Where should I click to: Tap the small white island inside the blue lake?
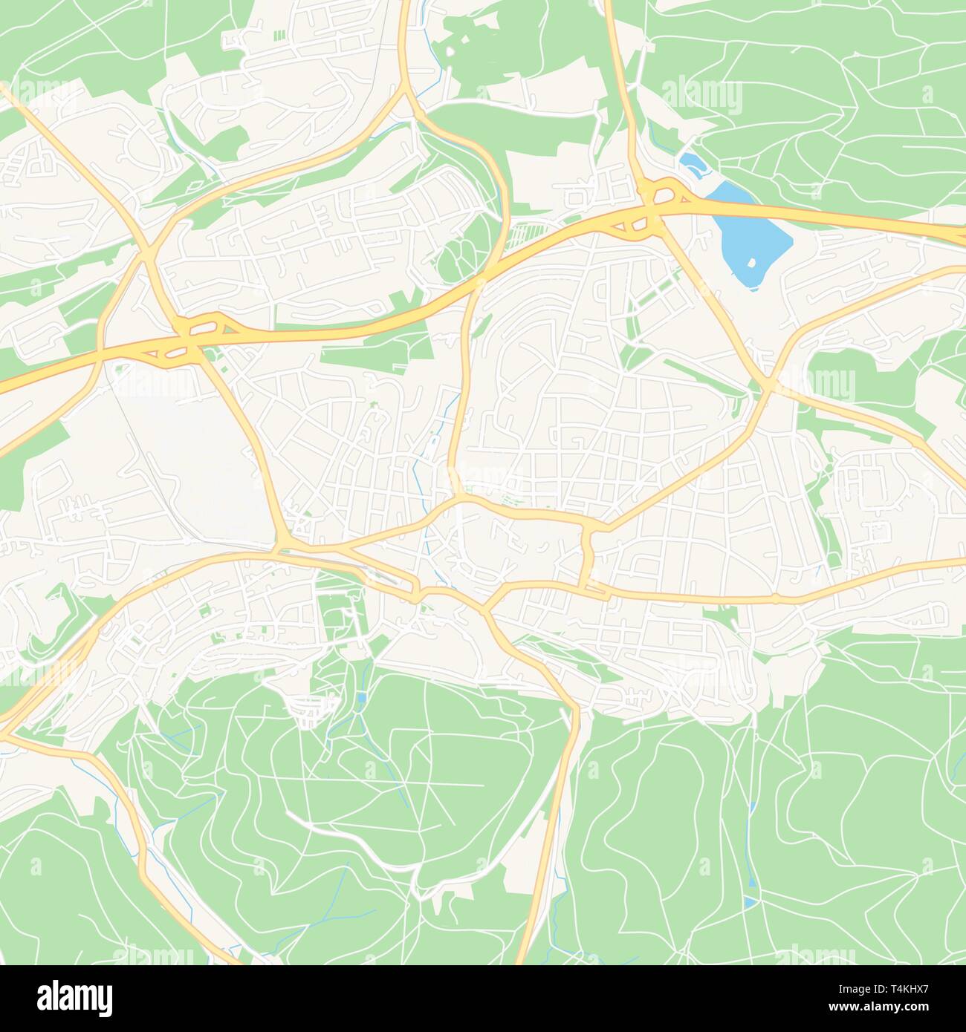[752, 263]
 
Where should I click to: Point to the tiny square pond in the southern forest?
[361, 698]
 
